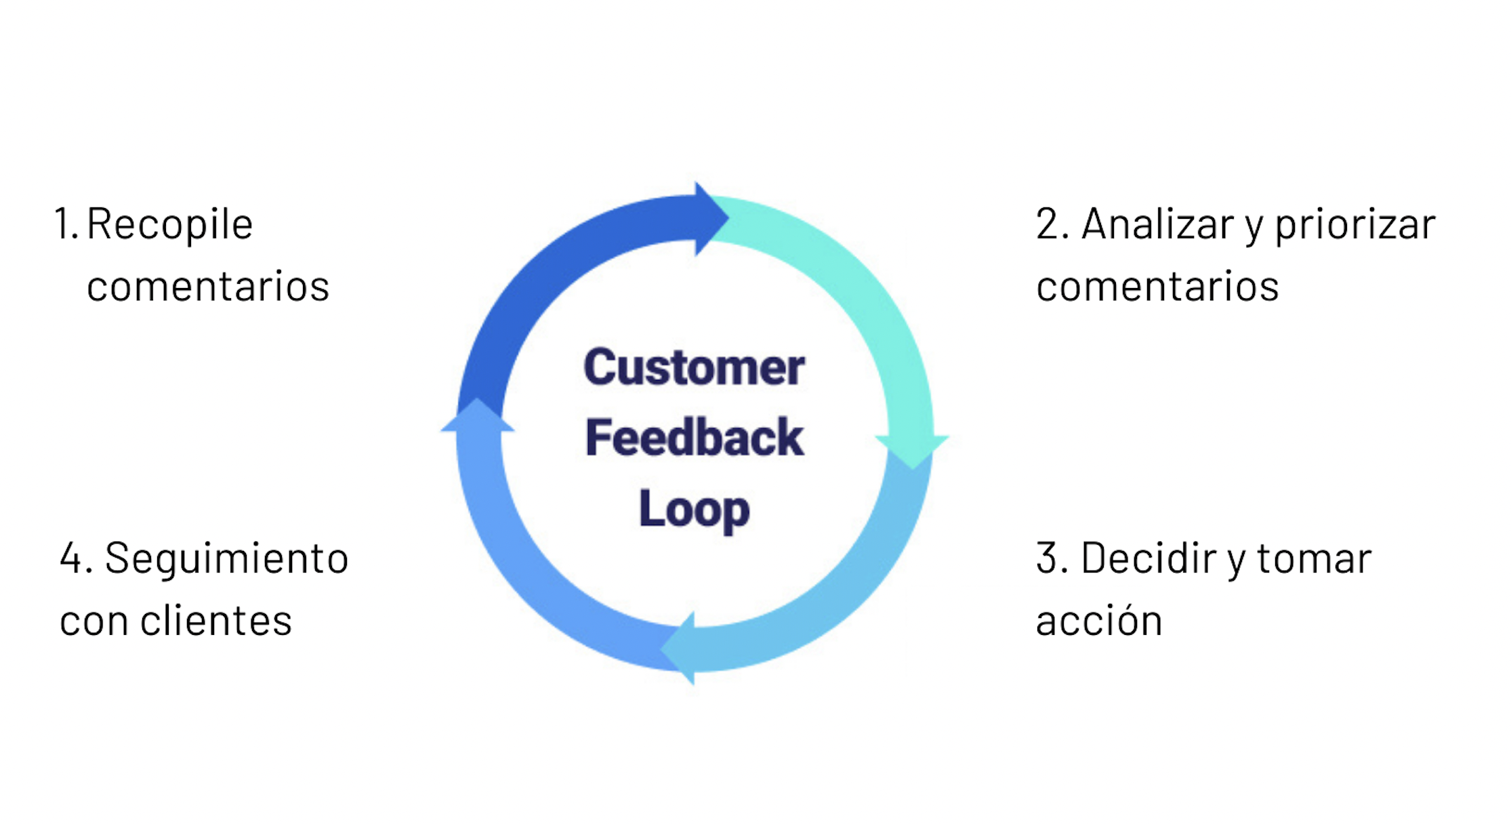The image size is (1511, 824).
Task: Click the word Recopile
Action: pyautogui.click(x=169, y=224)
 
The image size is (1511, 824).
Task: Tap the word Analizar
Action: pyautogui.click(x=1157, y=224)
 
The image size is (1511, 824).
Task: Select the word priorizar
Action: pyautogui.click(x=1354, y=224)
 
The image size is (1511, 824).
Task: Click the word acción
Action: pyautogui.click(x=1098, y=621)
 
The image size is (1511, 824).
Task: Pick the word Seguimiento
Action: pyautogui.click(x=226, y=558)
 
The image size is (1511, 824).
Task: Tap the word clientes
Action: pyautogui.click(x=215, y=621)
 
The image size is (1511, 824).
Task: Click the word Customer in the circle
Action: pyautogui.click(x=694, y=367)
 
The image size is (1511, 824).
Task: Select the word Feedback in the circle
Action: pyautogui.click(x=694, y=438)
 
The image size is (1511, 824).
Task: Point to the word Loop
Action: pyautogui.click(x=694, y=508)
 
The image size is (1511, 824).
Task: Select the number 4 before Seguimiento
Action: pyautogui.click(x=71, y=558)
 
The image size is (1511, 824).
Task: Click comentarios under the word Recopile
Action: pyautogui.click(x=207, y=287)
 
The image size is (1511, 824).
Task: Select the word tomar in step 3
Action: pyautogui.click(x=1314, y=558)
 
